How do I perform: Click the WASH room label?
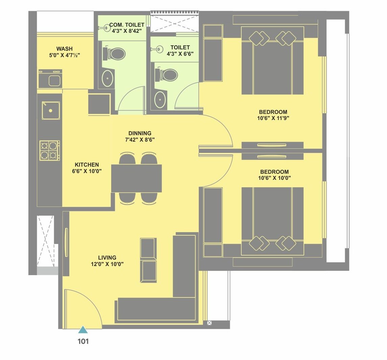[x=64, y=49]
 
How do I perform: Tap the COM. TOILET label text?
[x=126, y=25]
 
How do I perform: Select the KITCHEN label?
[x=87, y=165]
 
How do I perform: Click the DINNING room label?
[x=140, y=133]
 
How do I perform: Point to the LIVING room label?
[x=107, y=258]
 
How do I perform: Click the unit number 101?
[x=83, y=341]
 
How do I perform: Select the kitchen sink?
[x=51, y=111]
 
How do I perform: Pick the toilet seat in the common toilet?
[x=116, y=53]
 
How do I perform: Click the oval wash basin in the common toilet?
[x=108, y=78]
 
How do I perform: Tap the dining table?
[x=137, y=178]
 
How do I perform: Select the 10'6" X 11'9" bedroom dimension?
[x=273, y=118]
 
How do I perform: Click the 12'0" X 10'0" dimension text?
[x=107, y=264]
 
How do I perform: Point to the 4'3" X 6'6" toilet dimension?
[x=180, y=54]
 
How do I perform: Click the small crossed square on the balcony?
[x=210, y=323]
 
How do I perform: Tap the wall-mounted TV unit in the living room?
[x=66, y=243]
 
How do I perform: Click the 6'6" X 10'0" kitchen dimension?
[x=87, y=171]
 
